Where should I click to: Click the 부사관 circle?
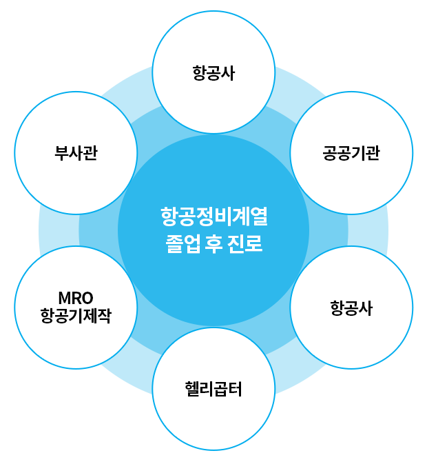tap(76, 152)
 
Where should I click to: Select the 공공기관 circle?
tap(351, 152)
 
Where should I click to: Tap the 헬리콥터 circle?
tap(213, 390)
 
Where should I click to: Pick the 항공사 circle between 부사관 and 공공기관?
tap(213, 71)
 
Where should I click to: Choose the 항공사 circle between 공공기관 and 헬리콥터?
tap(351, 308)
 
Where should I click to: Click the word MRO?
tap(76, 299)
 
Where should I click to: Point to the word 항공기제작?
tap(76, 316)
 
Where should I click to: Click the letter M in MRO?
tap(63, 299)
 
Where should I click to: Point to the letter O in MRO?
tap(87, 299)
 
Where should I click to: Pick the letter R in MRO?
tap(76, 299)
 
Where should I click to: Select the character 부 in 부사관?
tap(61, 152)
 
